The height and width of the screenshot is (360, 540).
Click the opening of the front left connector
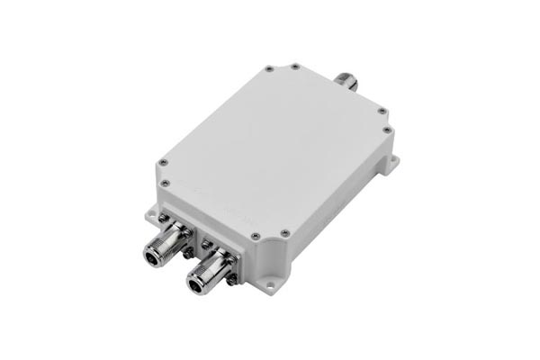click(x=153, y=257)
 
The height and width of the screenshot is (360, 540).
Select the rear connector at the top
click(x=346, y=81)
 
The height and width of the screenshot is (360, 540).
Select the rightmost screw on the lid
click(x=388, y=130)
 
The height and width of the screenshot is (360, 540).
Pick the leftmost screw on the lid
click(x=162, y=163)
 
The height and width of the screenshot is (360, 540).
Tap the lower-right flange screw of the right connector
click(x=232, y=280)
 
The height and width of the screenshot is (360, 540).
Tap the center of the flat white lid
click(x=274, y=148)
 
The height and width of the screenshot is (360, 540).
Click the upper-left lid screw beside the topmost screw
click(x=269, y=69)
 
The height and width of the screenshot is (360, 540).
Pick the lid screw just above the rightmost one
click(x=382, y=112)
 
